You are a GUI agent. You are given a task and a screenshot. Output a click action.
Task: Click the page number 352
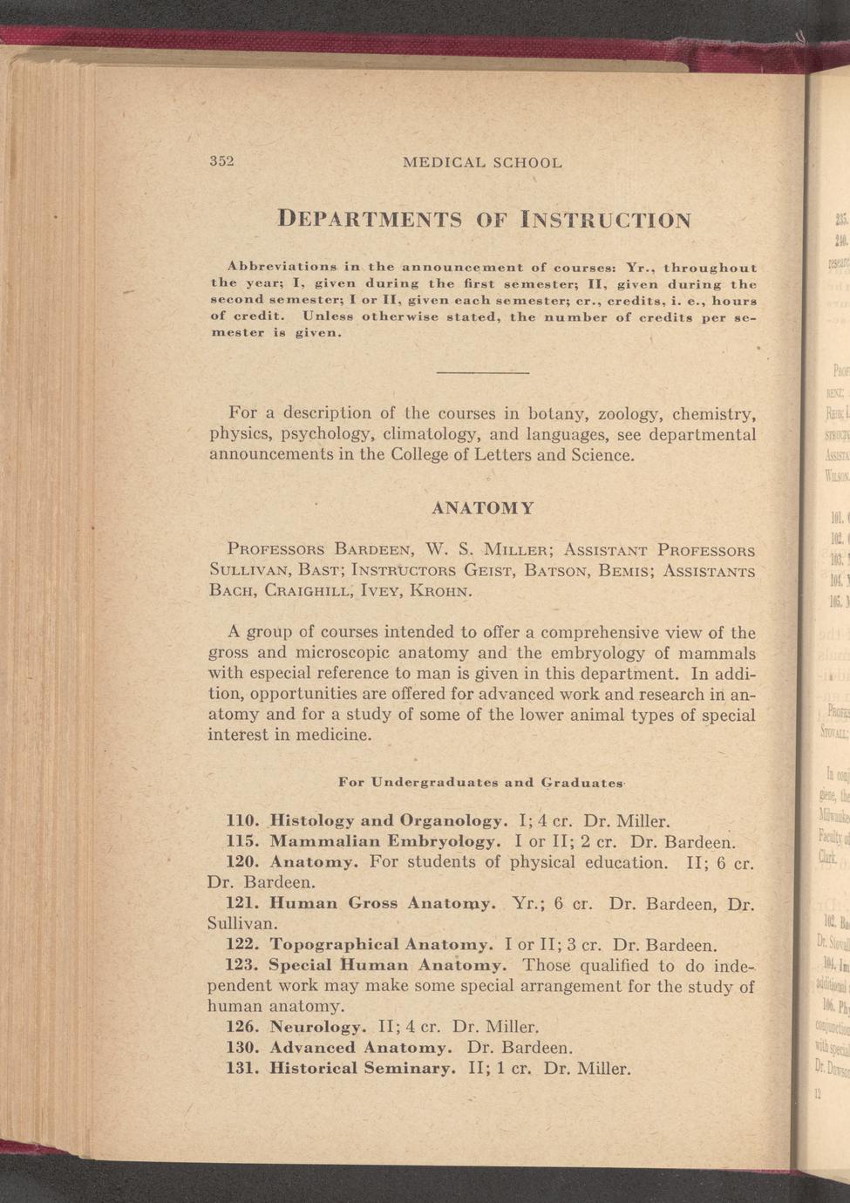[223, 162]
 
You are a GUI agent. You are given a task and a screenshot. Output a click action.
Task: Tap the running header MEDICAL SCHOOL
[482, 162]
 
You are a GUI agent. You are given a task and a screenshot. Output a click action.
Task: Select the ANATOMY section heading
[483, 507]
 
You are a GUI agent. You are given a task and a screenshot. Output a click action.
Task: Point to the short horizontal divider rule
[482, 373]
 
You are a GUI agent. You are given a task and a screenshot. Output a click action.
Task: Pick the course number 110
[242, 820]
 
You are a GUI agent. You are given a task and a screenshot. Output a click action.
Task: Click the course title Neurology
[316, 1026]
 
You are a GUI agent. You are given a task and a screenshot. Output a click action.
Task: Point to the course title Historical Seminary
[362, 1068]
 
